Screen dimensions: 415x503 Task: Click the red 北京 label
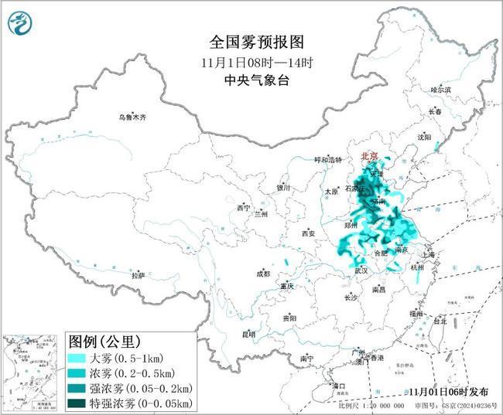(369, 157)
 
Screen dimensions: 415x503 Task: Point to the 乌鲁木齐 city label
(132, 117)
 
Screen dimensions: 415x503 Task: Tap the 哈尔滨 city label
(440, 90)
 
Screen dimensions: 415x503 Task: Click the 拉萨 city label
(138, 275)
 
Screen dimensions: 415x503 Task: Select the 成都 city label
(262, 274)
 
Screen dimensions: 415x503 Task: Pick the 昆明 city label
(248, 334)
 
